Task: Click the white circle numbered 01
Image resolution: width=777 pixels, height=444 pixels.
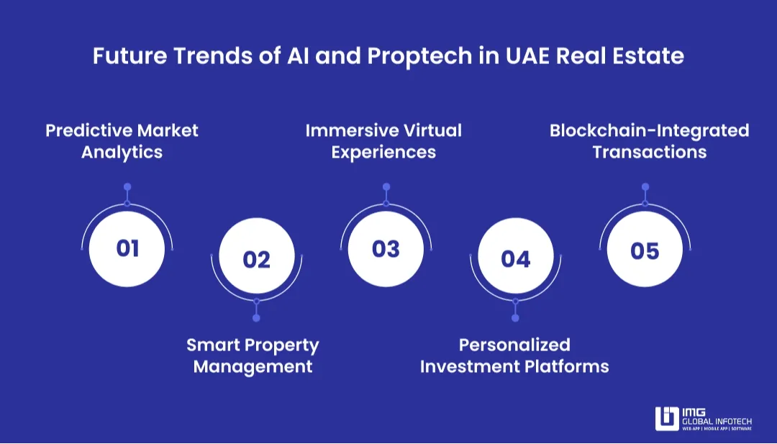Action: click(x=127, y=248)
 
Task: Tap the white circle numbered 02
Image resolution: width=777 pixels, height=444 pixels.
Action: click(x=256, y=258)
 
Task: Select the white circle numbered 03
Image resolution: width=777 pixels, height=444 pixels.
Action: click(x=386, y=248)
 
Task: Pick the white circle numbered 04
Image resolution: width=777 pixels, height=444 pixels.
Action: click(x=515, y=258)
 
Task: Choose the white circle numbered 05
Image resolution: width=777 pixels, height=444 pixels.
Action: click(x=645, y=250)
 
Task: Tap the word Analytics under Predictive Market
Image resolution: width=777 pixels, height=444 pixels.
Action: click(x=122, y=153)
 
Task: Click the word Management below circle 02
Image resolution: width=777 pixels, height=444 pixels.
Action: click(x=253, y=366)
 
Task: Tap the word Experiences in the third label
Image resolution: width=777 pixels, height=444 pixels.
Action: click(x=383, y=153)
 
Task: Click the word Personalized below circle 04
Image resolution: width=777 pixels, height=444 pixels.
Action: click(x=514, y=345)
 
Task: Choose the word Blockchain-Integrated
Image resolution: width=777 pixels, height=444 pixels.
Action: click(x=649, y=130)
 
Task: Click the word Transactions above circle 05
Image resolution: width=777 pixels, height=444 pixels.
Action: click(x=649, y=153)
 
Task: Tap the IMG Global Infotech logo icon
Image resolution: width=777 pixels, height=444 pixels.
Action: click(x=666, y=419)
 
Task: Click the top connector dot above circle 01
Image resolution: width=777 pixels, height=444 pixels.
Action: click(x=127, y=187)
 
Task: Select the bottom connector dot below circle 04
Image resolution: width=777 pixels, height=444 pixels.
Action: click(x=515, y=318)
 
